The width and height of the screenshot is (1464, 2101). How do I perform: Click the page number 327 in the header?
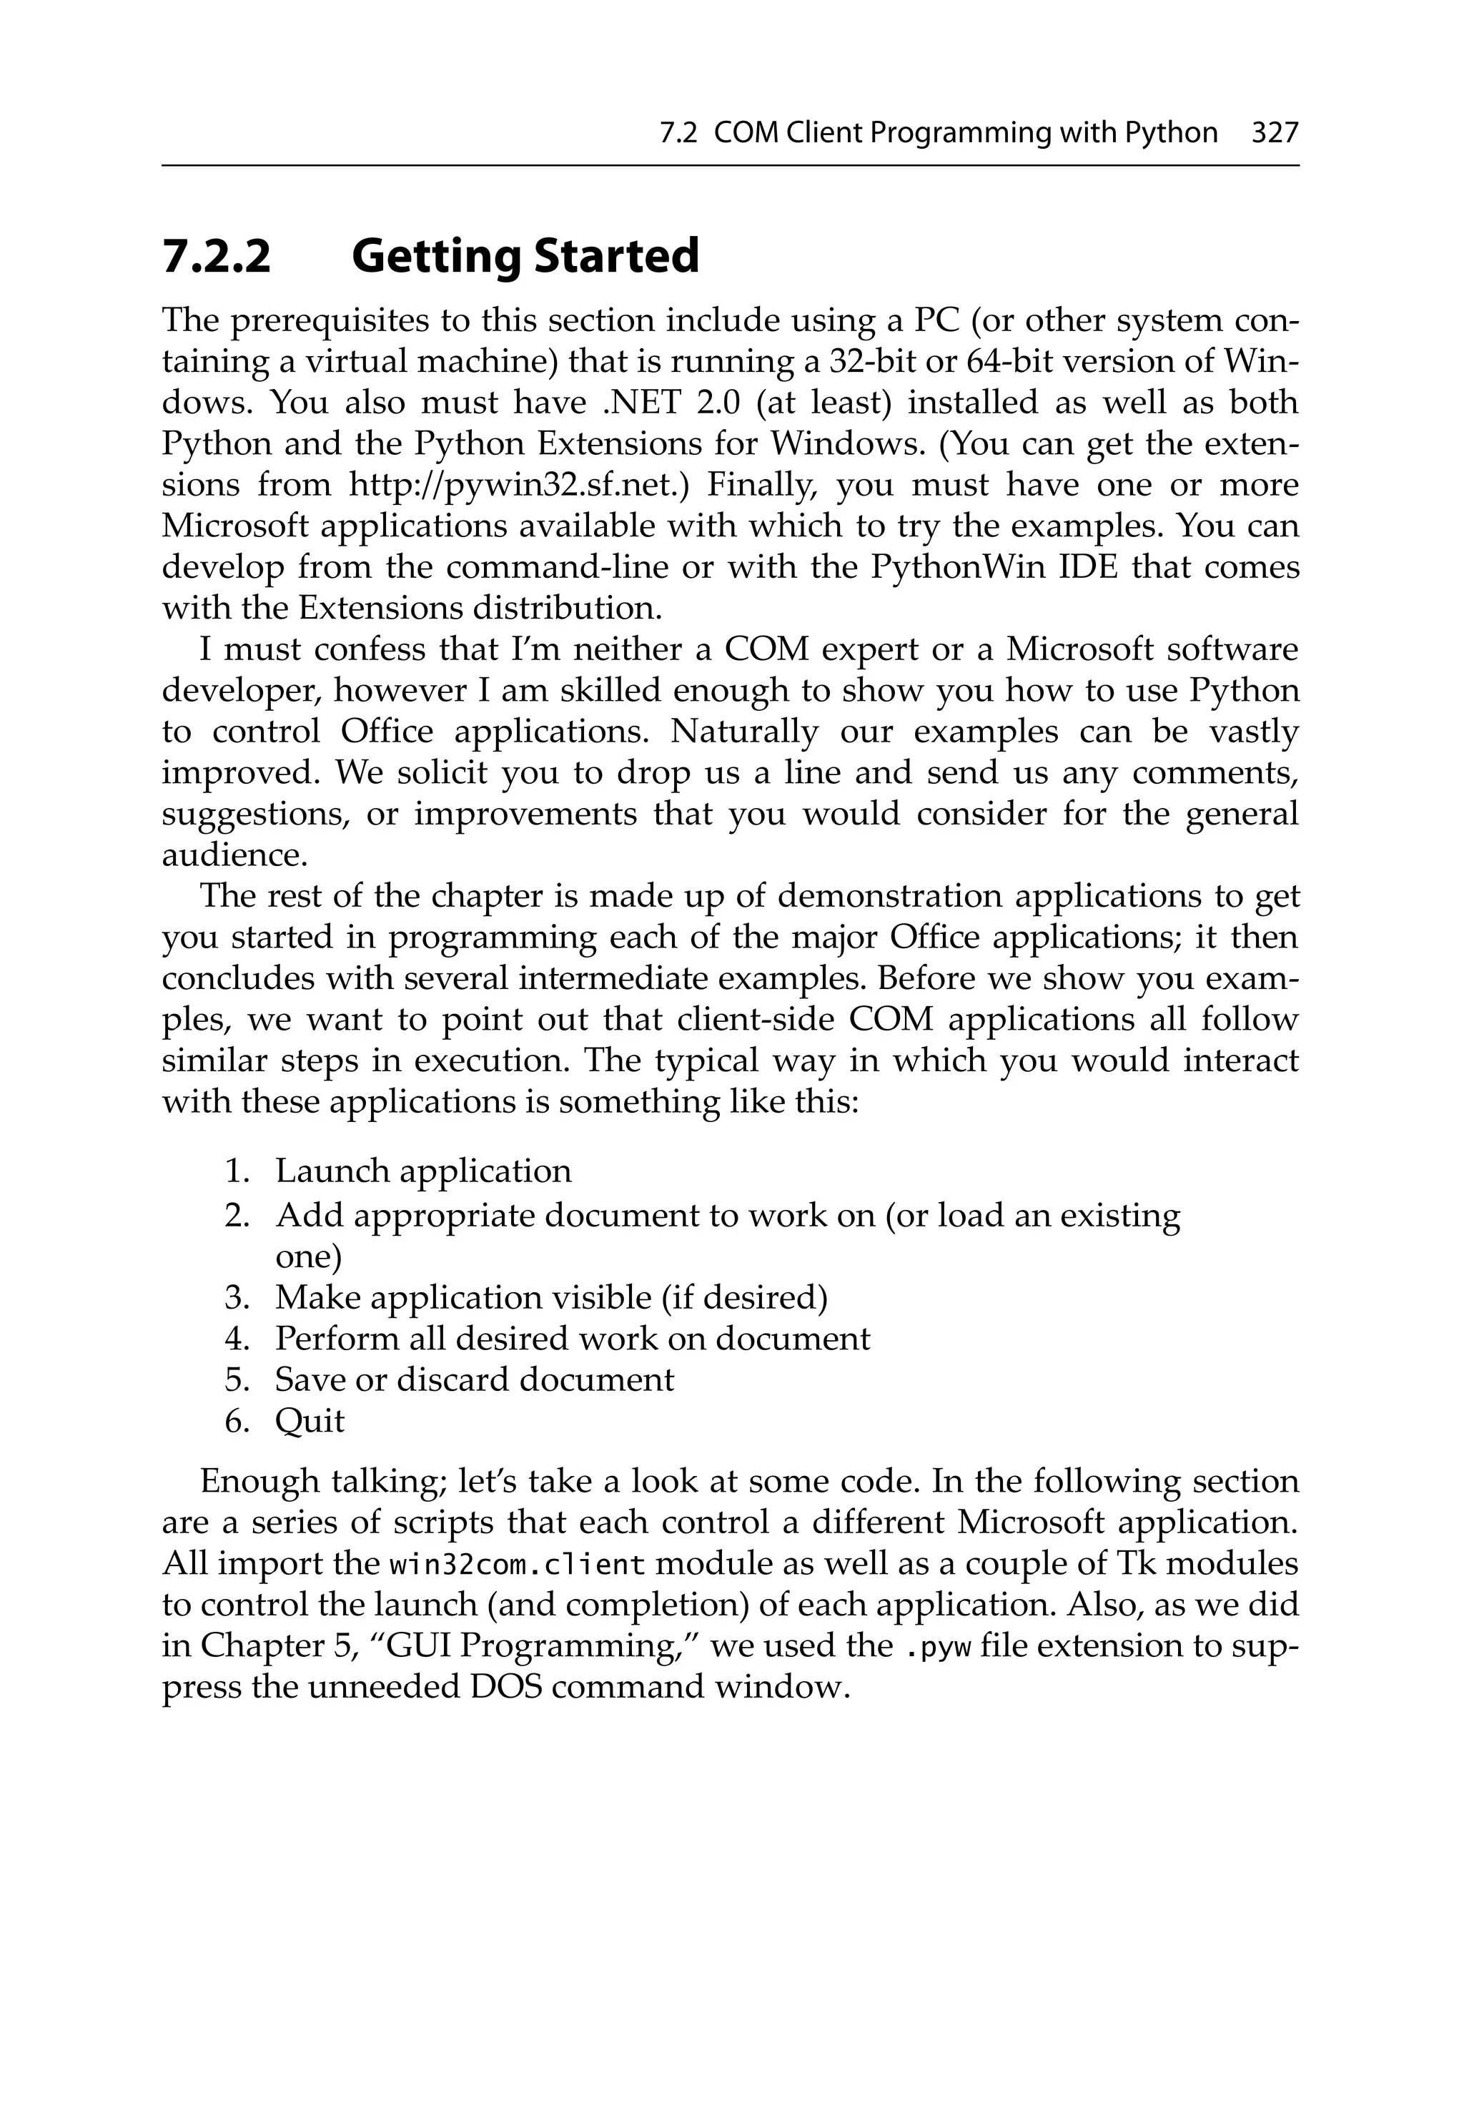coord(1275,134)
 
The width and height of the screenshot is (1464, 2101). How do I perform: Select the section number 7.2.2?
coord(217,256)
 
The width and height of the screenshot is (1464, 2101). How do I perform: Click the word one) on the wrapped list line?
coord(307,1257)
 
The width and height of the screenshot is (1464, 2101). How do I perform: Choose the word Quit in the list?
coord(310,1421)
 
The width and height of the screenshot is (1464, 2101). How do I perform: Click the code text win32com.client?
coord(518,1565)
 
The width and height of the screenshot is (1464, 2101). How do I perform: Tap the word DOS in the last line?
coord(505,1686)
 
